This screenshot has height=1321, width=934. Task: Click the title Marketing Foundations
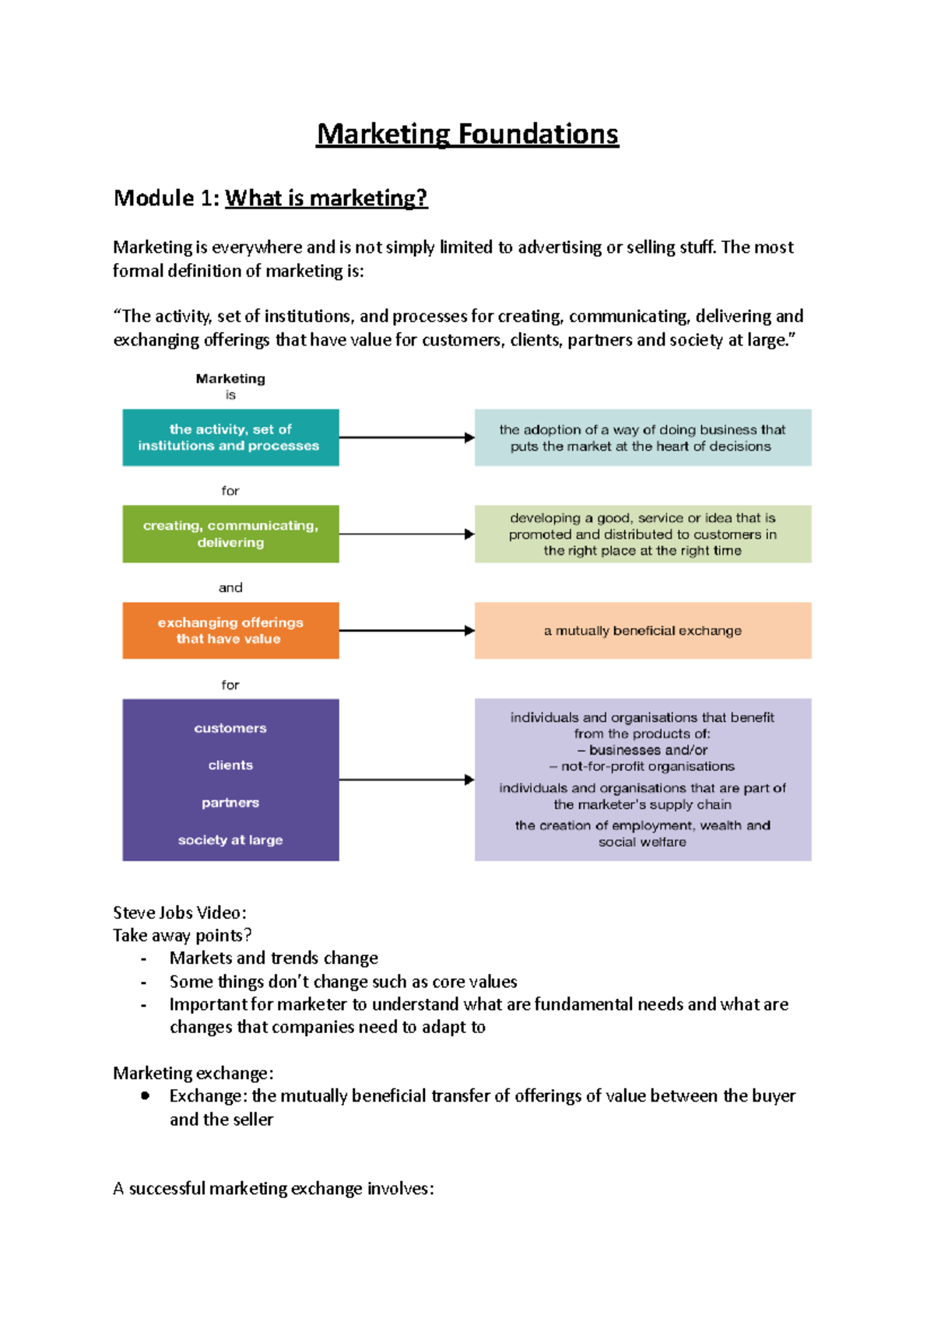tap(467, 135)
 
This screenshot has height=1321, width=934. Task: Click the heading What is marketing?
tap(326, 198)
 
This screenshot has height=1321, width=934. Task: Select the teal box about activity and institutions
tap(230, 437)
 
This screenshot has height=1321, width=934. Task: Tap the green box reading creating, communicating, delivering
tap(230, 534)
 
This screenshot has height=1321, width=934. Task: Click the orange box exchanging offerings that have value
tap(230, 630)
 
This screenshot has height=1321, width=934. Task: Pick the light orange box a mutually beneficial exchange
tap(643, 630)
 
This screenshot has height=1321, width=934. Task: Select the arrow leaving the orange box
tap(406, 630)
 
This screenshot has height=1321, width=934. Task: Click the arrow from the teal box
tap(406, 437)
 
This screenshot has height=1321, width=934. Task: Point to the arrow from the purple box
tap(406, 780)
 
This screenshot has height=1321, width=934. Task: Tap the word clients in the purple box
tap(230, 766)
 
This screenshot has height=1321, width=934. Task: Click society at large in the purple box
tap(230, 840)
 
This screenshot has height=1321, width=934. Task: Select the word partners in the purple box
tap(230, 803)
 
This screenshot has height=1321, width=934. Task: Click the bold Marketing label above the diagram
tap(230, 379)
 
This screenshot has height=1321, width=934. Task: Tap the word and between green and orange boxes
tap(230, 588)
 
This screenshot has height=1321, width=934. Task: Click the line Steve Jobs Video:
tap(180, 913)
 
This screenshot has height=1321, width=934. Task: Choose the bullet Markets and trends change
tap(274, 958)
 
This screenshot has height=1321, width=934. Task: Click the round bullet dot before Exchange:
tap(146, 1096)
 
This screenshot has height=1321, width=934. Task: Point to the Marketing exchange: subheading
tap(193, 1074)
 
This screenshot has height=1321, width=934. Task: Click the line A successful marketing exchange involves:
tap(273, 1189)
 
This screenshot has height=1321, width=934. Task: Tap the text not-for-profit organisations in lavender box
tap(647, 766)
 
